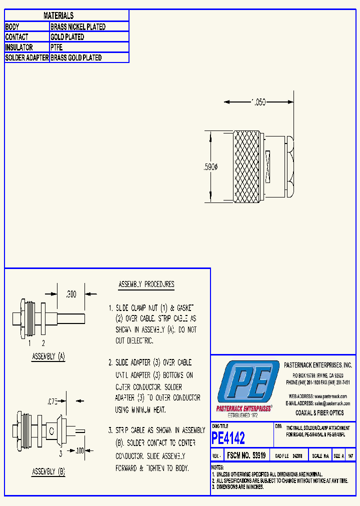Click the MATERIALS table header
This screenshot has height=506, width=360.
[58, 16]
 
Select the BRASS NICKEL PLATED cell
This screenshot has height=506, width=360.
[78, 27]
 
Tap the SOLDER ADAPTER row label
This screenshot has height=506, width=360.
[27, 58]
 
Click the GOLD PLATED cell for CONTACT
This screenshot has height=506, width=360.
[67, 37]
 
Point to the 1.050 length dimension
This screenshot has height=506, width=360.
[258, 102]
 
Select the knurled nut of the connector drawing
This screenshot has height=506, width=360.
[247, 166]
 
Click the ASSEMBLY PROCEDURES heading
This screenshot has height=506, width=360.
[146, 284]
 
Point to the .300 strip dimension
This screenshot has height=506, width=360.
[71, 294]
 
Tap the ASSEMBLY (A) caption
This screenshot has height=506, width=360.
[48, 357]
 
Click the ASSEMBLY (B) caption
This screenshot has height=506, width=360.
[48, 471]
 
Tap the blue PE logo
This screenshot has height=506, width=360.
[248, 383]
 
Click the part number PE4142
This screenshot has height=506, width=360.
[228, 438]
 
